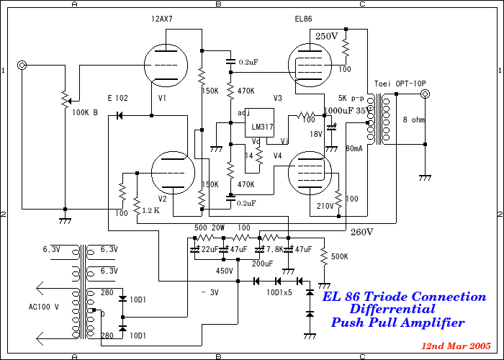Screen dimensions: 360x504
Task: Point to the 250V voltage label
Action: [326, 36]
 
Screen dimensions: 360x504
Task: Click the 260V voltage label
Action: [361, 232]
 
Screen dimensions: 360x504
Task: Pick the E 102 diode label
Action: [117, 98]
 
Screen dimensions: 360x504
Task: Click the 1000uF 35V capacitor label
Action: [348, 111]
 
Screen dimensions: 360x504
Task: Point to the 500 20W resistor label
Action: [210, 228]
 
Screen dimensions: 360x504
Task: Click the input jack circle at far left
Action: [22, 66]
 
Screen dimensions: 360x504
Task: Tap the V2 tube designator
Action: [162, 199]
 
